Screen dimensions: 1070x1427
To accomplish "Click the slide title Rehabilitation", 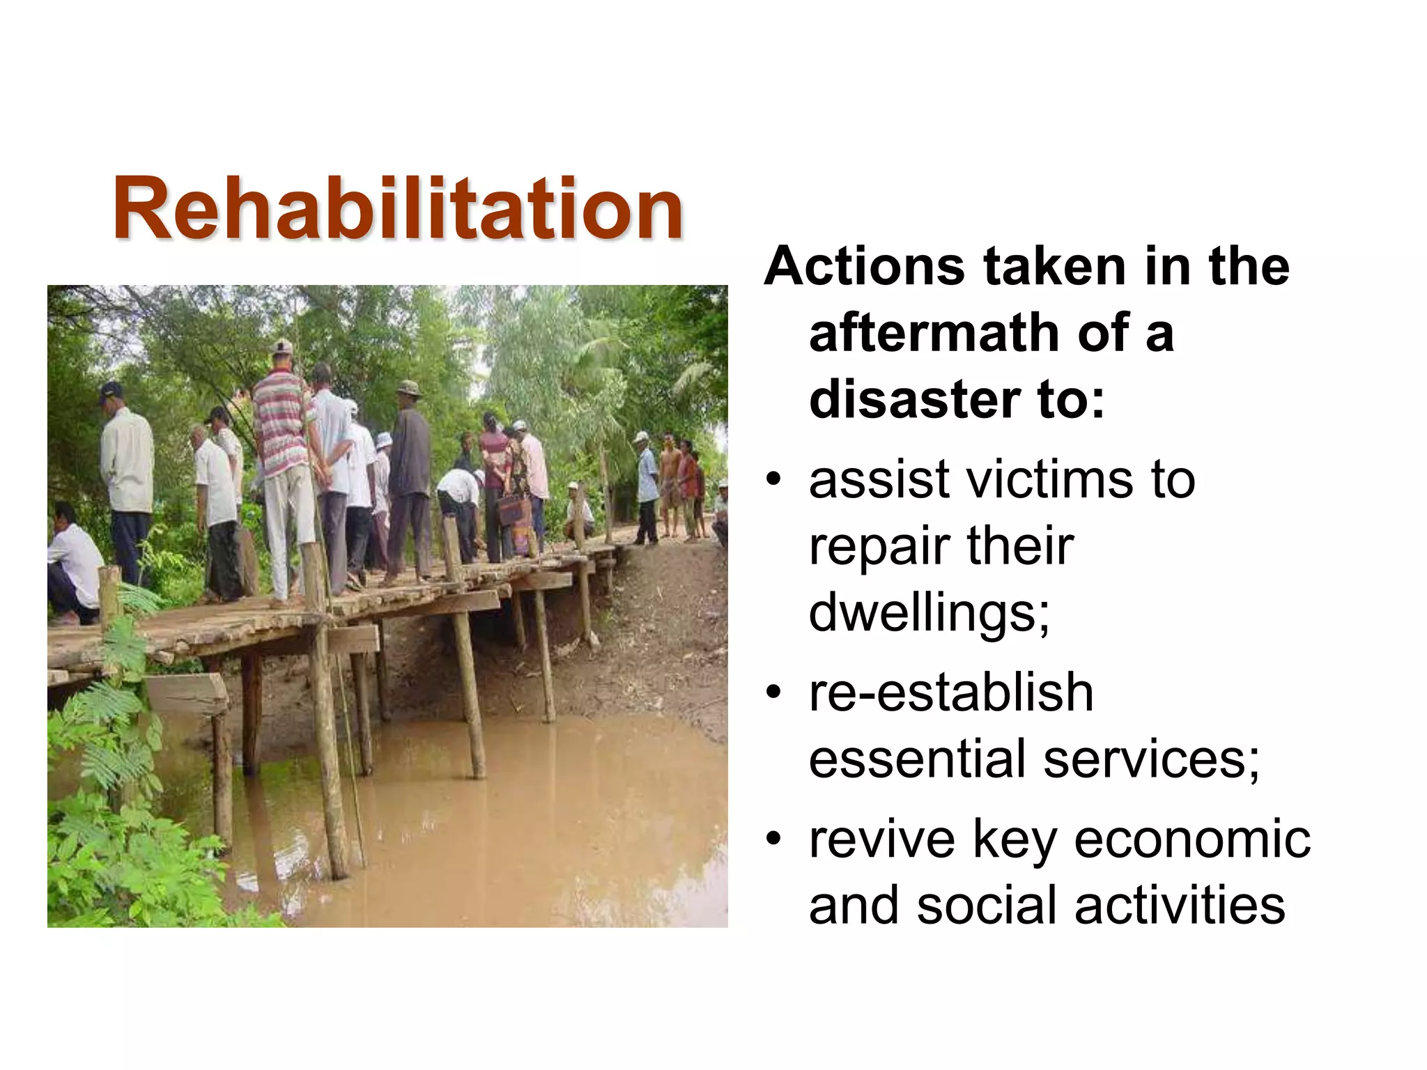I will (398, 208).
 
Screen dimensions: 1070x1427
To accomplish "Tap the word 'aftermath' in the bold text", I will (934, 333).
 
